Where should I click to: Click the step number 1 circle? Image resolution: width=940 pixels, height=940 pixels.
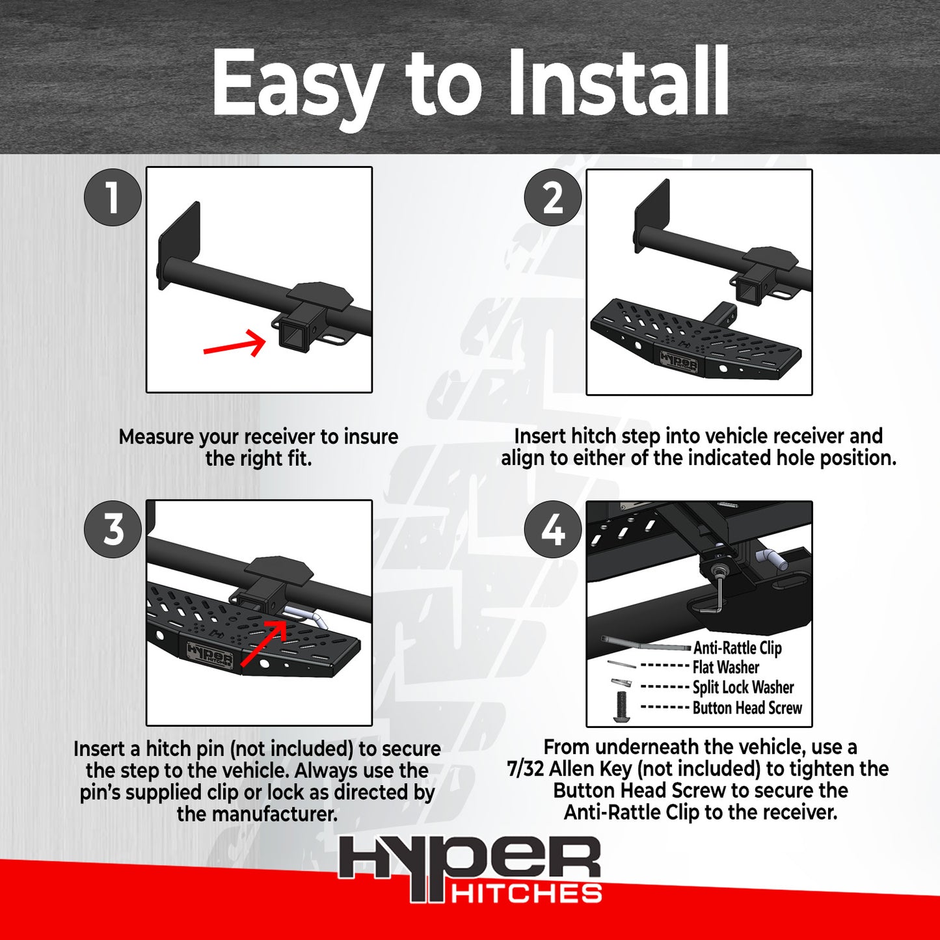pyautogui.click(x=113, y=197)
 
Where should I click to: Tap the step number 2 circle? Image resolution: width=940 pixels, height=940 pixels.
pyautogui.click(x=553, y=197)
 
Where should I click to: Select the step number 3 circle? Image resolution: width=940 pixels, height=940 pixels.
pyautogui.click(x=113, y=529)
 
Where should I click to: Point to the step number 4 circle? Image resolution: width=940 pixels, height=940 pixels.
pyautogui.click(x=553, y=530)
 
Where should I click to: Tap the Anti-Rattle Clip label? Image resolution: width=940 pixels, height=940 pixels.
pyautogui.click(x=737, y=648)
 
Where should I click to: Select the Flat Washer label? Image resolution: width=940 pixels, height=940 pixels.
pyautogui.click(x=725, y=667)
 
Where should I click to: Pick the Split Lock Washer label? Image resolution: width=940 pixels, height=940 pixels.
pyautogui.click(x=743, y=688)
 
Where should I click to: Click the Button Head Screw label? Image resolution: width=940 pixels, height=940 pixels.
pyautogui.click(x=747, y=708)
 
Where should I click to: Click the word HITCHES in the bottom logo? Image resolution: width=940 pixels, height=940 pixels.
pyautogui.click(x=526, y=893)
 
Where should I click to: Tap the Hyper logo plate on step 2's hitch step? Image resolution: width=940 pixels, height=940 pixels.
pyautogui.click(x=678, y=363)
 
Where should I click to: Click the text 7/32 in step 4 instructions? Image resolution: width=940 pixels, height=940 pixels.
pyautogui.click(x=525, y=769)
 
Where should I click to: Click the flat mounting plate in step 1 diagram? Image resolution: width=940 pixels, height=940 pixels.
pyautogui.click(x=178, y=244)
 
